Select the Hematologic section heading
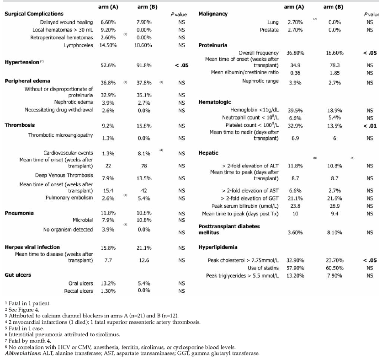pos(215,102)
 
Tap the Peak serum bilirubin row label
pos(249,206)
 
